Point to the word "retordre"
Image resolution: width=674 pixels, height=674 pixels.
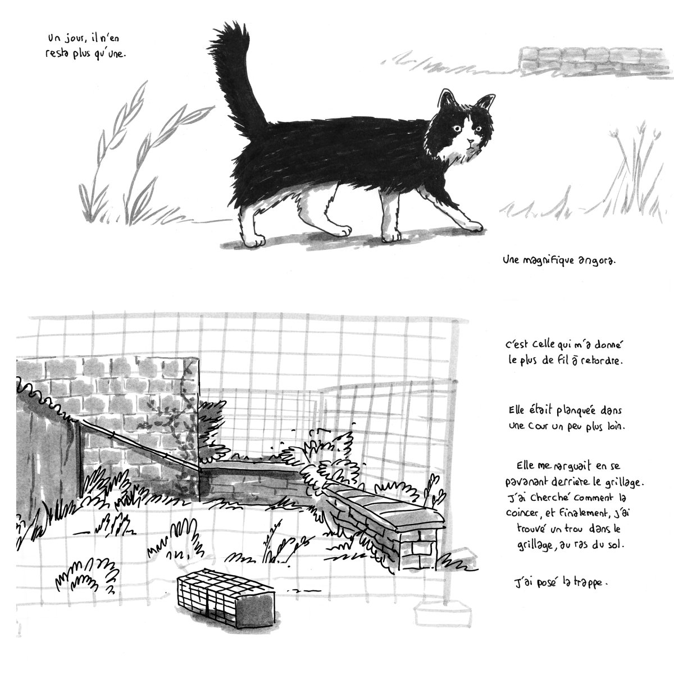[x=602, y=362]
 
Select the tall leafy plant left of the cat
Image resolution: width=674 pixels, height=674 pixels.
[x=129, y=157]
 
